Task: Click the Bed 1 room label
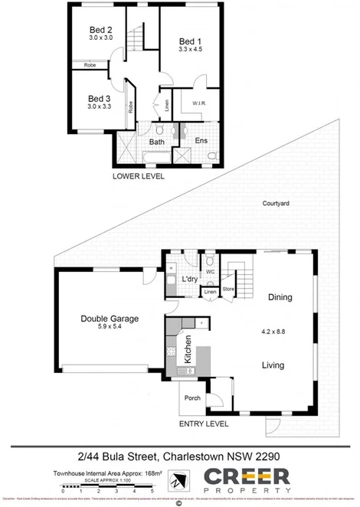[190, 41]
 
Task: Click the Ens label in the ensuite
[201, 141]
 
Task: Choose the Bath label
[157, 142]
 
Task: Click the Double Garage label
[106, 319]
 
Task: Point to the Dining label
[280, 297]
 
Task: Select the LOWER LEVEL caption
[138, 175]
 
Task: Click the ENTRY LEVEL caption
[203, 424]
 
